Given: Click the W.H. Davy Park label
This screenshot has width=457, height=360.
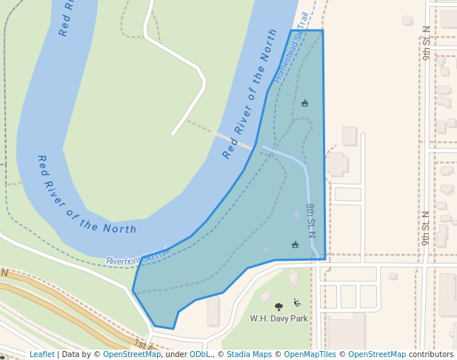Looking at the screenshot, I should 278,319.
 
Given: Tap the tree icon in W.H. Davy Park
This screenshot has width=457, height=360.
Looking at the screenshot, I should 278,306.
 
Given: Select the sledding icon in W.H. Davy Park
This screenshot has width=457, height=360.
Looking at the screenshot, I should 297,302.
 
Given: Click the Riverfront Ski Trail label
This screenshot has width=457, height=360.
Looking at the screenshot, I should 139,256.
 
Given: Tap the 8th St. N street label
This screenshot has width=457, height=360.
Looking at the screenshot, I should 311,220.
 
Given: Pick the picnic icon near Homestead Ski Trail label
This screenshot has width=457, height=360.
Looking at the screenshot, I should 304,103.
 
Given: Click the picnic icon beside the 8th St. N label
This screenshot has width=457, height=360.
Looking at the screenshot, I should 295,244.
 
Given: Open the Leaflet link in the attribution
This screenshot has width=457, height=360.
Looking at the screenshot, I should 41,355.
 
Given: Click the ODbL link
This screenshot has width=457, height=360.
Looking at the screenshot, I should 199,355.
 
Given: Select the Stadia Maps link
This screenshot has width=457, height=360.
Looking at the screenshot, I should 249,355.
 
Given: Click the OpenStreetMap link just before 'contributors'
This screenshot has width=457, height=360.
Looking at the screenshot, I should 377,355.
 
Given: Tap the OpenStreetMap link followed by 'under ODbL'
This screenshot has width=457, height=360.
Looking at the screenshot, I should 132,355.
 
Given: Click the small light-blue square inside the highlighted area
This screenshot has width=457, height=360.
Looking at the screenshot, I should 297,214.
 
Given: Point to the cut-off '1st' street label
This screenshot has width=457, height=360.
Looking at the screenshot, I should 141,344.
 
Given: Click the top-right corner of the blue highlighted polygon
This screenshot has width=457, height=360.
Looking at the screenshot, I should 323,30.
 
